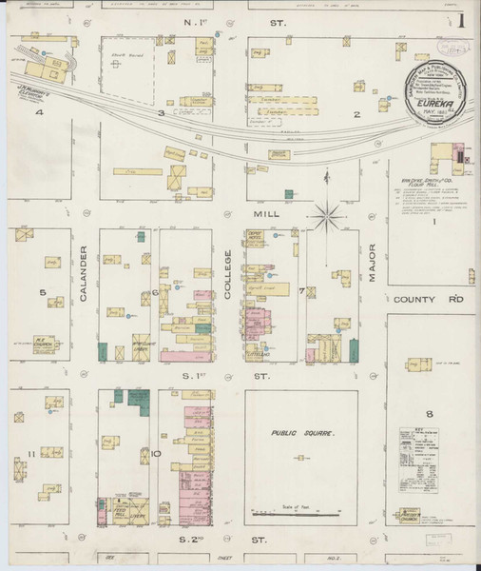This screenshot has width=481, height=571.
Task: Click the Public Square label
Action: (301, 433)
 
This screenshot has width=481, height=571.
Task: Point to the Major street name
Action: (373, 261)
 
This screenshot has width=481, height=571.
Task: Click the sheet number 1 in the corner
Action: (461, 19)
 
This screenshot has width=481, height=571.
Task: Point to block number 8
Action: (429, 412)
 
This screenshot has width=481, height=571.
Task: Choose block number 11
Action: (31, 454)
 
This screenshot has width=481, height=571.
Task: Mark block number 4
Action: (40, 112)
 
